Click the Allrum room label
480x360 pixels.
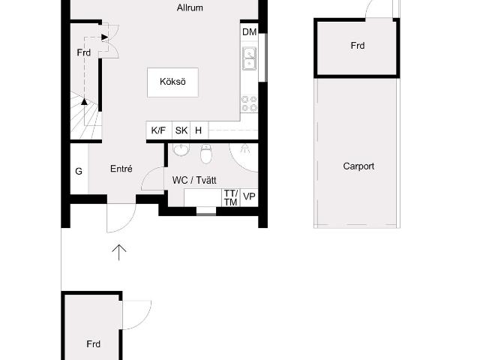190,7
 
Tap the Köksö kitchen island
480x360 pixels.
172,82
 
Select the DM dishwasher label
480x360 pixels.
249,31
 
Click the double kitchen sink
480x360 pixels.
250,58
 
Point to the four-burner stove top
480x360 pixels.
249,103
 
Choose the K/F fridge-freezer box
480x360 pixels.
159,130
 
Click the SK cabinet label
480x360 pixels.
181,130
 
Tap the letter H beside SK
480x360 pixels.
198,130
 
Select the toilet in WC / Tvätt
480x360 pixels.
206,153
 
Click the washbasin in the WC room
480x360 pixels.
181,150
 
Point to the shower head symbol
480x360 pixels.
244,148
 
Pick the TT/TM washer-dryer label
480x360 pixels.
230,198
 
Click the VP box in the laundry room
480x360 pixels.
249,196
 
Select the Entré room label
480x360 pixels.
121,169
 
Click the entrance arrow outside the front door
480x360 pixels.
118,253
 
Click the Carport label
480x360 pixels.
358,166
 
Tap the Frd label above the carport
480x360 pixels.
358,46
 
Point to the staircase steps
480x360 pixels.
85,115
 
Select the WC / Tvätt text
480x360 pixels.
194,180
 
